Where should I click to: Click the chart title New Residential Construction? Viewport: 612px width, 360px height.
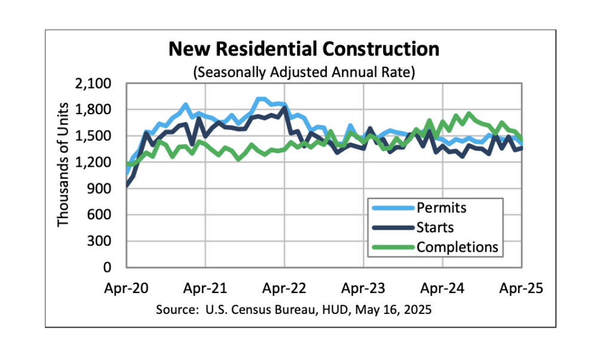[304, 49]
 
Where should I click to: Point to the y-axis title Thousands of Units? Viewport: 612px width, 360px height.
[63, 165]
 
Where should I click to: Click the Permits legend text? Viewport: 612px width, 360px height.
[441, 209]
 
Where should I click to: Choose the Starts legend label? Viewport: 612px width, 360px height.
[435, 228]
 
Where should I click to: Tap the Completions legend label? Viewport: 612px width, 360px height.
[457, 246]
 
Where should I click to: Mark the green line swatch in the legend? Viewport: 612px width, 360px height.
[391, 246]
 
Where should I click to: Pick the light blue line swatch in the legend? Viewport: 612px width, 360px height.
[391, 209]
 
